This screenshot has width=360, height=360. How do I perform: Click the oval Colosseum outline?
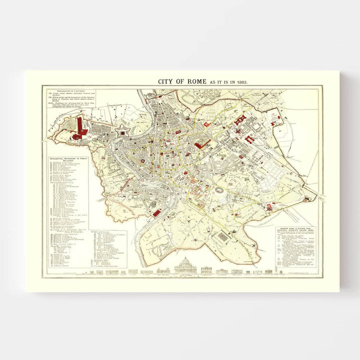click(218, 190)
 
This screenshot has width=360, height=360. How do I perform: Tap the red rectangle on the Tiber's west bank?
click(156, 213)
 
